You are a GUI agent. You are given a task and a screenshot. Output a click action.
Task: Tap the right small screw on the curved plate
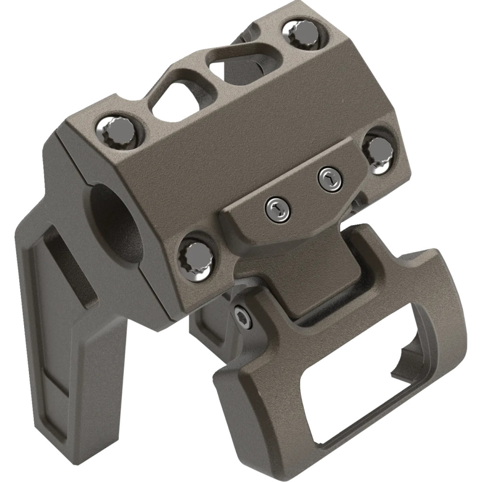330,178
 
